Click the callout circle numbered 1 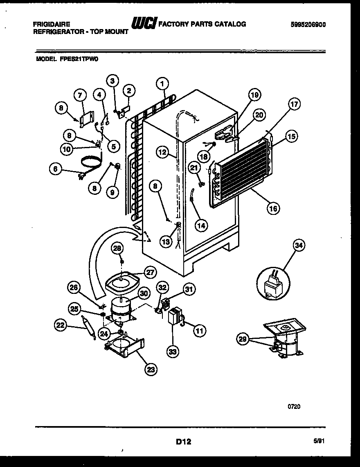(162, 84)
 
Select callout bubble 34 (299, 246)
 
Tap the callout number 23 (151, 369)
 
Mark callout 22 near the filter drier (60, 325)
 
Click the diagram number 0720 (294, 406)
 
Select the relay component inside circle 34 (272, 285)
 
